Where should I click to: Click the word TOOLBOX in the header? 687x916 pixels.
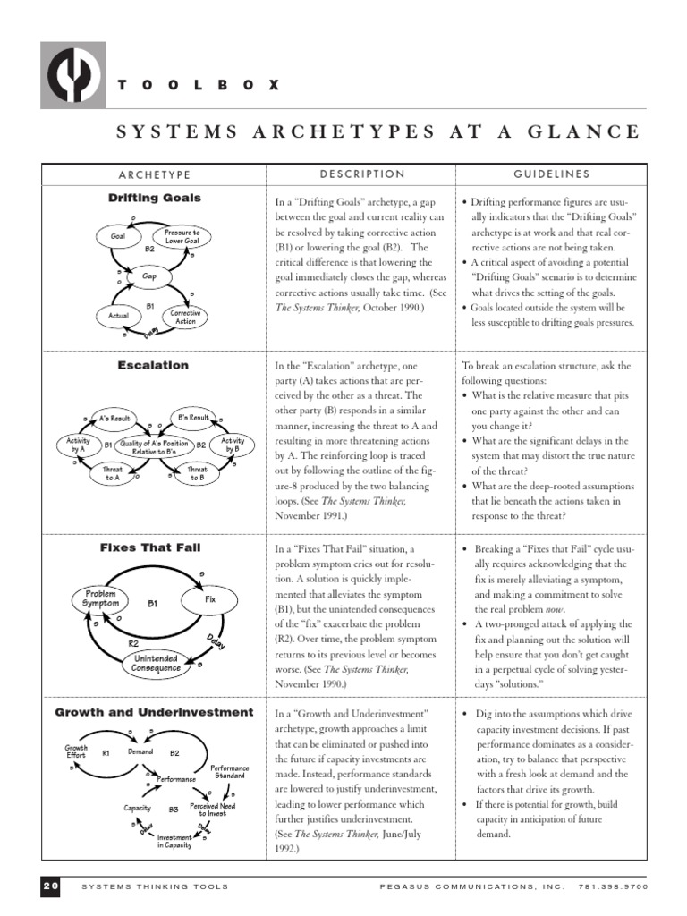pos(199,85)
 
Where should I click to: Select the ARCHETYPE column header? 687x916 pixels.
pos(155,174)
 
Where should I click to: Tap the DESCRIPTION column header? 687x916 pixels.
pos(361,174)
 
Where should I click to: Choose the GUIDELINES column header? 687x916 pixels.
pos(551,174)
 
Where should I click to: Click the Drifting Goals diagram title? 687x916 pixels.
pos(155,198)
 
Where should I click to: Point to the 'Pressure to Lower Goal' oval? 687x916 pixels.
pos(182,236)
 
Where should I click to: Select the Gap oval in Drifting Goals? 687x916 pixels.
pos(149,276)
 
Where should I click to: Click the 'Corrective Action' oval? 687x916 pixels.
pos(185,317)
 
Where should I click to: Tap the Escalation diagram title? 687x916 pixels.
pos(154,365)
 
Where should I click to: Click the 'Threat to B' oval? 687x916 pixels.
pos(197,473)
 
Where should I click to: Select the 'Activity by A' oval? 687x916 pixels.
pos(76,445)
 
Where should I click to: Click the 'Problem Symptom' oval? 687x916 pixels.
pos(101,598)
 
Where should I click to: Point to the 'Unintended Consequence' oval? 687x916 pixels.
pos(156,663)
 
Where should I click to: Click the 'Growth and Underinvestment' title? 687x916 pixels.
pos(155,712)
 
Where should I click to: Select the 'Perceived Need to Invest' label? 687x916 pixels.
pos(210,808)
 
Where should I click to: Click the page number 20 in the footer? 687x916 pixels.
pos(50,886)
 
